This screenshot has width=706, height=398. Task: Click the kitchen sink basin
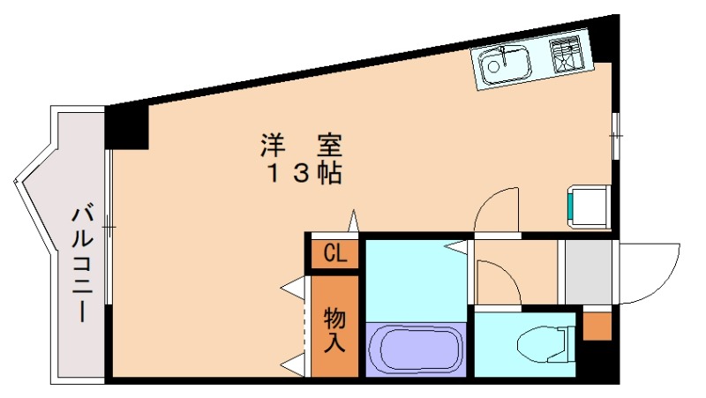[505, 64]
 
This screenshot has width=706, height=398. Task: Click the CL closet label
[334, 255]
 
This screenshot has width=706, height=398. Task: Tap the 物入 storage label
[334, 328]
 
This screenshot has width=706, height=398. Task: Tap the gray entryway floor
[589, 271]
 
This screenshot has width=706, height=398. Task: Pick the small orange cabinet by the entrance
[597, 326]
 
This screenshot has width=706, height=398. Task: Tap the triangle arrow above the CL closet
[354, 221]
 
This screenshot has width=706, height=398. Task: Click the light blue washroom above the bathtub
[415, 278]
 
